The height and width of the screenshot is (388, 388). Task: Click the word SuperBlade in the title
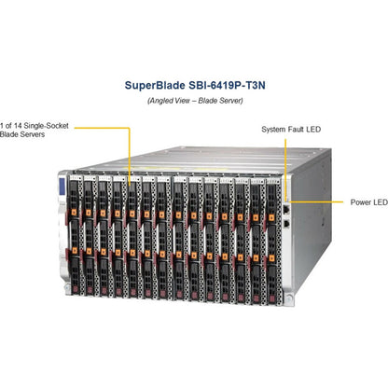coord(155,86)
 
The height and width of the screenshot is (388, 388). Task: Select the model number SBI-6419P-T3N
coord(227,85)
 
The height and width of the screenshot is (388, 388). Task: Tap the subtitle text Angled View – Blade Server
coord(195,101)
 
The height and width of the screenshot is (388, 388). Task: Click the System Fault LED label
coord(291,130)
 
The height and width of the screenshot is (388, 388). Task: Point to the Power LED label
coord(369,202)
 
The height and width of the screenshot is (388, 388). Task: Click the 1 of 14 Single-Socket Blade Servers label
coord(35,130)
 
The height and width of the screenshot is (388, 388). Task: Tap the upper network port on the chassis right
coord(286,209)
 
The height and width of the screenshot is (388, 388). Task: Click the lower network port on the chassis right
coord(286,223)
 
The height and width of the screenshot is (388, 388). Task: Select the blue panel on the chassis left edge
coord(62,185)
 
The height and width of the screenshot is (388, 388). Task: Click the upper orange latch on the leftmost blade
coord(74,212)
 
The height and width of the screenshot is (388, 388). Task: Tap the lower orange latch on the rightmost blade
coord(271,258)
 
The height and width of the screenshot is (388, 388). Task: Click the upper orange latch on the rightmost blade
coord(271,217)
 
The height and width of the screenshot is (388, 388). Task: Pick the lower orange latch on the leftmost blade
coord(75,250)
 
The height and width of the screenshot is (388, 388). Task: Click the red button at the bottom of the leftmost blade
coord(76,289)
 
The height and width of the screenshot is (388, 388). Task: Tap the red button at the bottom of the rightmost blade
coord(272,299)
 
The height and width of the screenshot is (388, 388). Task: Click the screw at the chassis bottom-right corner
coord(289,299)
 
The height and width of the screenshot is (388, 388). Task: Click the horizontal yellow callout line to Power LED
coord(316,201)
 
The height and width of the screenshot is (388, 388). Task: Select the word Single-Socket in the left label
coord(47,126)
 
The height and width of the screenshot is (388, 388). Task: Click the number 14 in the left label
coord(18,126)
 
